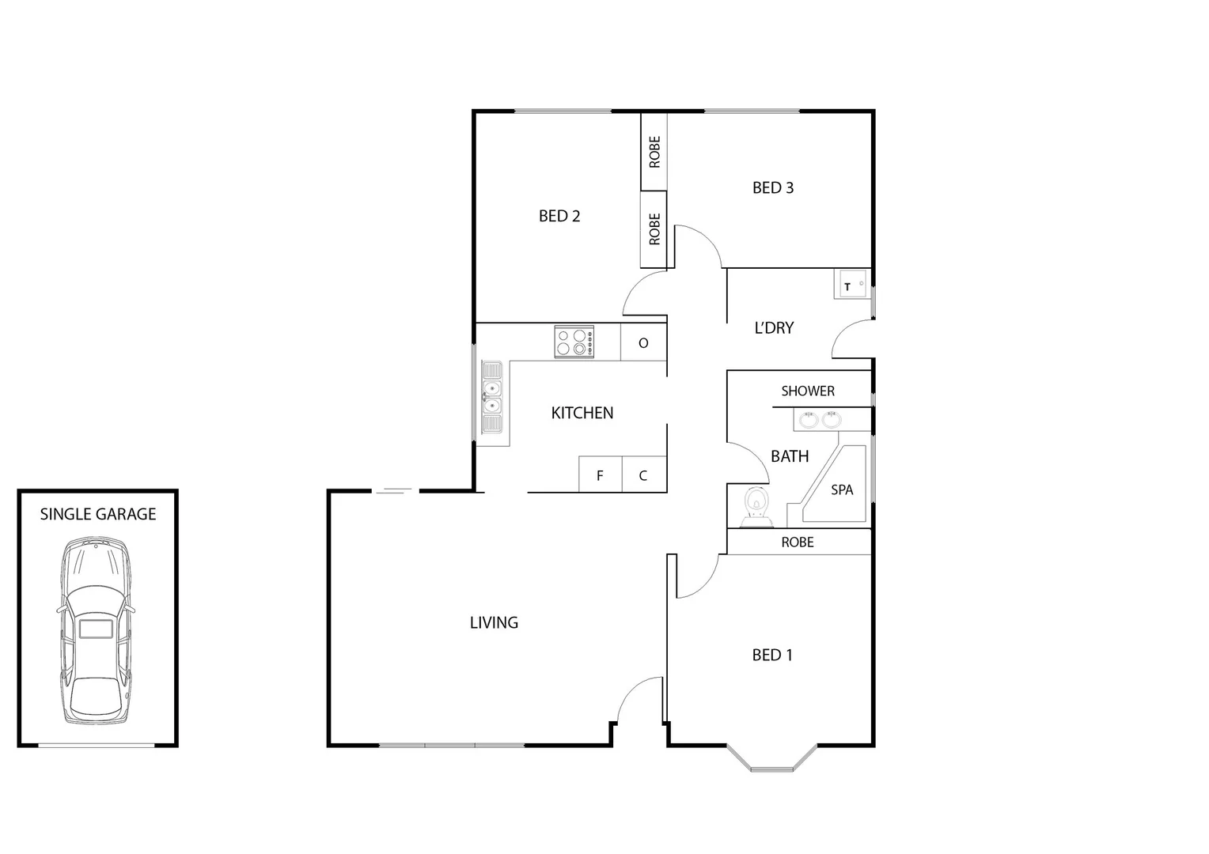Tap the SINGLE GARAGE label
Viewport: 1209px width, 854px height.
[98, 514]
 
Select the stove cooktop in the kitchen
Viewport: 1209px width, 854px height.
[574, 342]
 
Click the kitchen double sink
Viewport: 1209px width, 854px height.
[492, 398]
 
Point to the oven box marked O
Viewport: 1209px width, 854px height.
[643, 342]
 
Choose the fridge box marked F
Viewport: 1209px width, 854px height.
[600, 475]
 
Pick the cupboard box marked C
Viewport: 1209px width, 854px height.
[643, 475]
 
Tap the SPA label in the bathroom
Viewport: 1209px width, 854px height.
[842, 490]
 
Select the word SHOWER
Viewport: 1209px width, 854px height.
[808, 391]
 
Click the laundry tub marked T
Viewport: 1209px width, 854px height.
[849, 285]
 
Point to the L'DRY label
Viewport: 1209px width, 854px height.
[774, 327]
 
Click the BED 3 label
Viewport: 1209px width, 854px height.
[773, 187]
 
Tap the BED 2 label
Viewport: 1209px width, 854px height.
[559, 216]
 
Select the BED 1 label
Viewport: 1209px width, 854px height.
[772, 655]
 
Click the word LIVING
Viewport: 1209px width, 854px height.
[494, 622]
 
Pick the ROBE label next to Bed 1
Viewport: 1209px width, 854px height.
[798, 542]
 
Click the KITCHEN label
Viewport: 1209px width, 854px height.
[582, 413]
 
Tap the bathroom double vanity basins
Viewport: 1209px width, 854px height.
[819, 419]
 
